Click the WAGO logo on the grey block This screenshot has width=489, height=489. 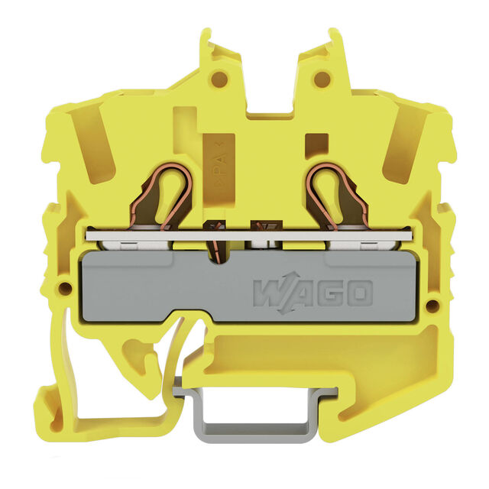[313, 293]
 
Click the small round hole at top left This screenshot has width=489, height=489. [220, 76]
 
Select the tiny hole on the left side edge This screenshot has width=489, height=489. [65, 286]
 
